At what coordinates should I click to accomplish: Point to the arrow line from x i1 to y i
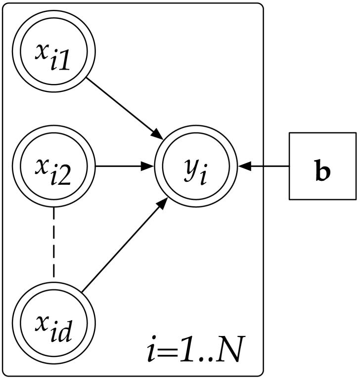tap(124, 106)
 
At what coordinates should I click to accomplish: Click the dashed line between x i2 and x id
tap(53, 242)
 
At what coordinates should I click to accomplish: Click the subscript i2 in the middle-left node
tap(65, 174)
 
